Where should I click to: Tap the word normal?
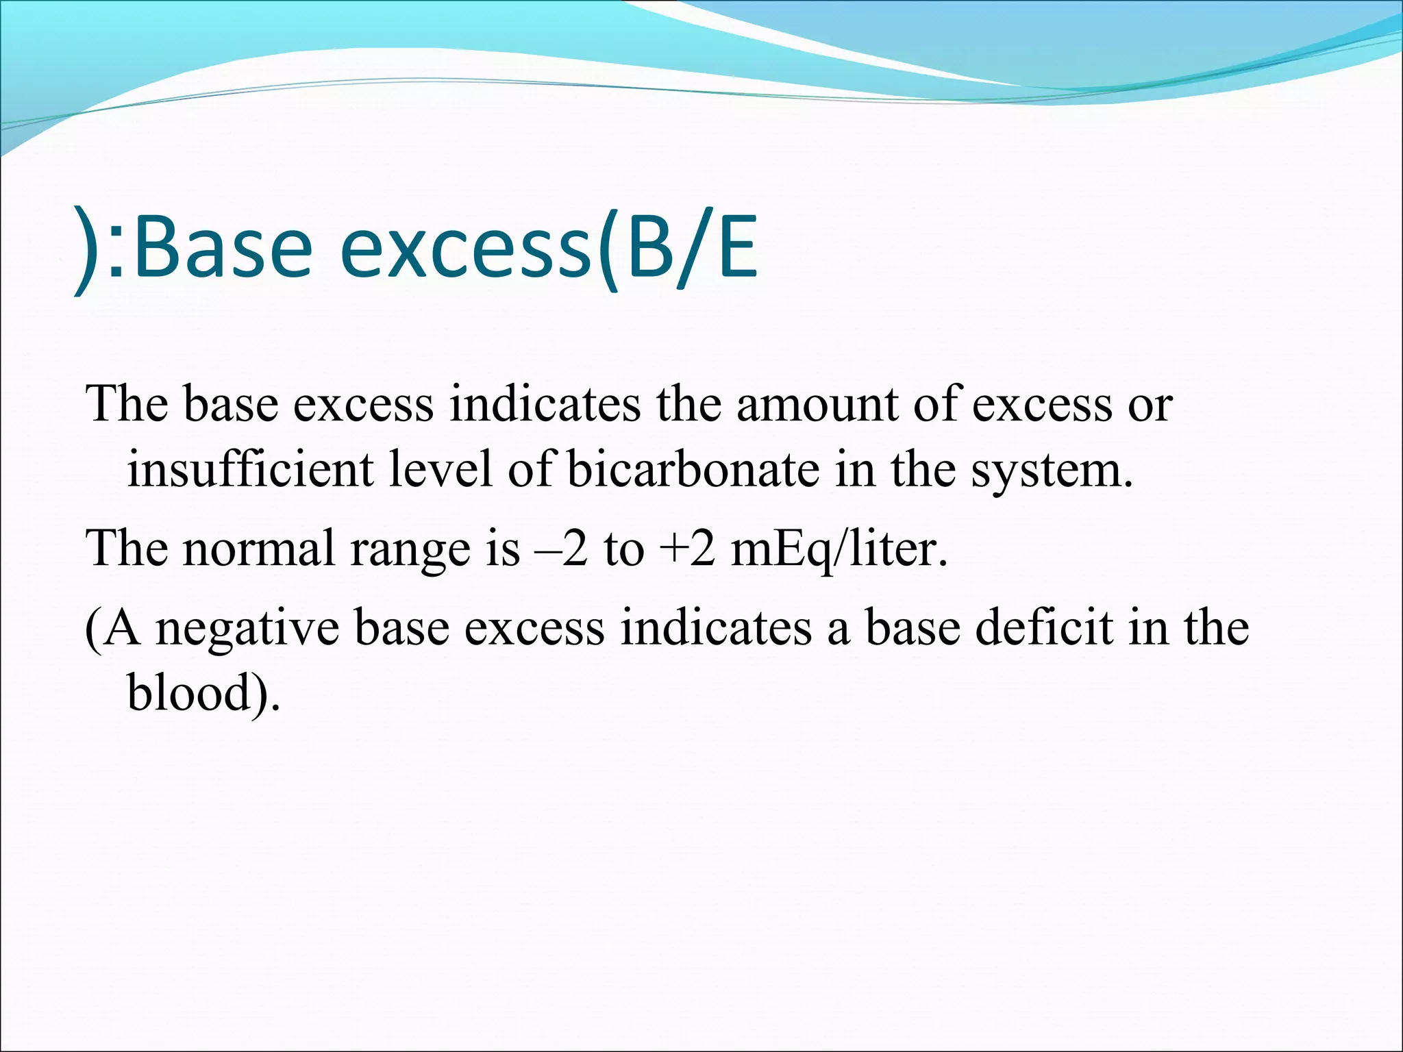[x=259, y=549]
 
